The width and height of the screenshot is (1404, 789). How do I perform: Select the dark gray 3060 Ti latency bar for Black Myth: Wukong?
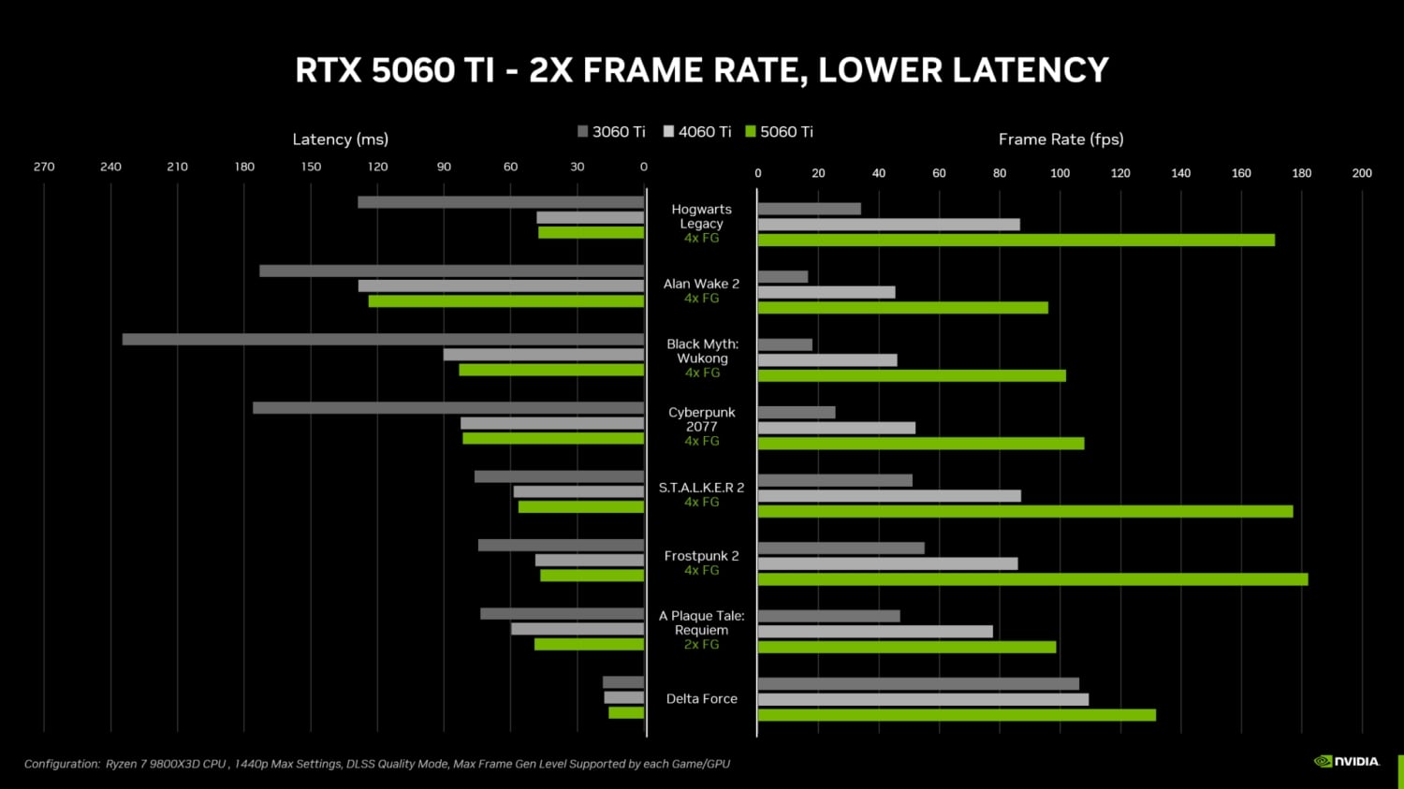point(383,339)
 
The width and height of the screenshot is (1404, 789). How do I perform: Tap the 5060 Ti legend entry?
point(779,132)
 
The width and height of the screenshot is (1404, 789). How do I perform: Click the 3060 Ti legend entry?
point(611,132)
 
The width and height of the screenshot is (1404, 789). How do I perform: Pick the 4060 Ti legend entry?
point(697,132)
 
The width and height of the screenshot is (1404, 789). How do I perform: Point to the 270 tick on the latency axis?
point(44,167)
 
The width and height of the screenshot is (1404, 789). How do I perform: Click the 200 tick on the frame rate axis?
point(1362,173)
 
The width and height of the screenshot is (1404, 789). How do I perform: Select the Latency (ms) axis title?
point(340,139)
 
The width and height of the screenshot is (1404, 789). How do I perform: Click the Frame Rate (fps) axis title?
point(1060,139)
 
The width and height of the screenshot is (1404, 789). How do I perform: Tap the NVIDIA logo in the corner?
point(1347,761)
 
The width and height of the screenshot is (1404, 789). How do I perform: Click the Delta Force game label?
point(701,699)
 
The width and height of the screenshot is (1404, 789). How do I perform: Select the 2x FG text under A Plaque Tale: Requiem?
point(701,645)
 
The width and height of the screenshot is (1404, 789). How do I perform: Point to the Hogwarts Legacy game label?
point(701,216)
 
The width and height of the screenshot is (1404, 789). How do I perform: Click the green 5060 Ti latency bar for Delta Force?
point(626,713)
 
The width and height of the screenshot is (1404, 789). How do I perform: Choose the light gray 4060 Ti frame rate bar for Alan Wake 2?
point(826,292)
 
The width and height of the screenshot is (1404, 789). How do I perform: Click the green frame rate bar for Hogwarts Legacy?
point(1016,240)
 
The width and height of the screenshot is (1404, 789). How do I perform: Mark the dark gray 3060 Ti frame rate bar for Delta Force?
point(917,684)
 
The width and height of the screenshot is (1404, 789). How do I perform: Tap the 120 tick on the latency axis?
point(377,167)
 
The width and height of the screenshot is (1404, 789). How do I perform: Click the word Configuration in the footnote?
point(62,764)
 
